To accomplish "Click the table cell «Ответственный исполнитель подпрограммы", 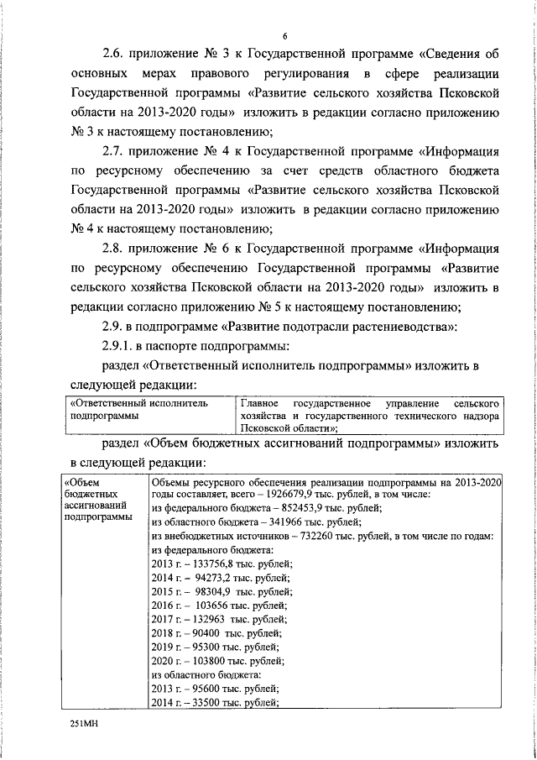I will point(149,409).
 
